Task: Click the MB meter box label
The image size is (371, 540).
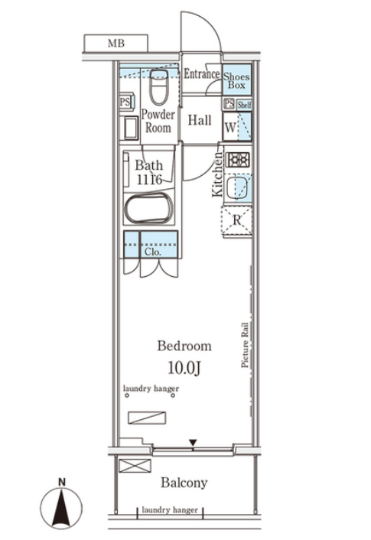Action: click(116, 44)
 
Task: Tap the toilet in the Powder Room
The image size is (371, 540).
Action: click(159, 87)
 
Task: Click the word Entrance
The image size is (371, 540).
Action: click(201, 73)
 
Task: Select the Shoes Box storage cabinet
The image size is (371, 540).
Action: click(236, 80)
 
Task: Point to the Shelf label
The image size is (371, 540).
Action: click(244, 104)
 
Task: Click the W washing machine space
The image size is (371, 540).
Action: click(237, 126)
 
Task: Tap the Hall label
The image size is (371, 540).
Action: click(200, 120)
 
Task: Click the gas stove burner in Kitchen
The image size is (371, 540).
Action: click(238, 160)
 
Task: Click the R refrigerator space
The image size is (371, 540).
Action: click(237, 220)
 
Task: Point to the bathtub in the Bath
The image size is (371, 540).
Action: click(149, 209)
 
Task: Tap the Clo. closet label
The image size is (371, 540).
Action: click(153, 252)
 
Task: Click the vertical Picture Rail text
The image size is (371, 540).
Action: click(245, 345)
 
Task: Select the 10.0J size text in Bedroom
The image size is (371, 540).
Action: click(184, 368)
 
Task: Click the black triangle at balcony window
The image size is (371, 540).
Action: click(193, 442)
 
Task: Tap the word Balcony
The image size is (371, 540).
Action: click(184, 483)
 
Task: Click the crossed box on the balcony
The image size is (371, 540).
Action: click(135, 466)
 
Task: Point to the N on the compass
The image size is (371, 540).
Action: click(62, 482)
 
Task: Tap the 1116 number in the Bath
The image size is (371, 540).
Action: click(149, 180)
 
